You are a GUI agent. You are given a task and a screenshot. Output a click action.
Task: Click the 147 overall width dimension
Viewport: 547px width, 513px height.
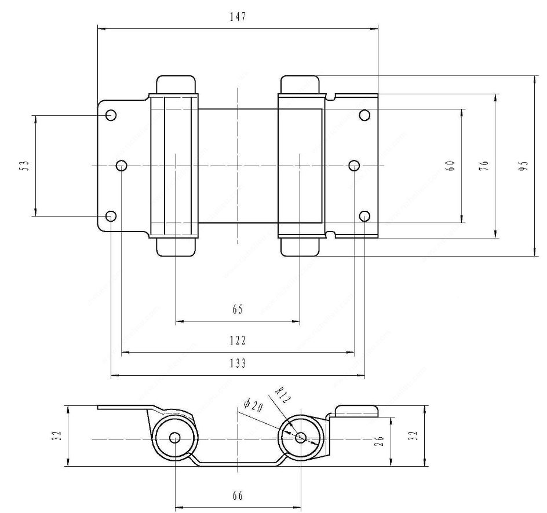point(238,17)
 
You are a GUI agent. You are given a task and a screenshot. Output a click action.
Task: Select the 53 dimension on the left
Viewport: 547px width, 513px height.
point(24,166)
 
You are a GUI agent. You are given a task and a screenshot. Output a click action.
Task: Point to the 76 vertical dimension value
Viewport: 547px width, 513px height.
point(484,166)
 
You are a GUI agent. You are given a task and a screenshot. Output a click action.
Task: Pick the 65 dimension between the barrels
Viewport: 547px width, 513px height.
point(238,310)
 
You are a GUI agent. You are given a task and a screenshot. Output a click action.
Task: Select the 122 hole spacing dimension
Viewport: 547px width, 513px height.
point(238,340)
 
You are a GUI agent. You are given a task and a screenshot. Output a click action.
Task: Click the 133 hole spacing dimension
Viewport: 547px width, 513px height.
point(238,364)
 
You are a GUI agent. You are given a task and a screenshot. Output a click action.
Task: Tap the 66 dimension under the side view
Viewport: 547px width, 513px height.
point(238,496)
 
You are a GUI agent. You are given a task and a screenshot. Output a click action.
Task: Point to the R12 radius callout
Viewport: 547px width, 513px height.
point(282,398)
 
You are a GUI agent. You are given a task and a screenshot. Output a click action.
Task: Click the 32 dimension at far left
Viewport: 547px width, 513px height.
point(55,436)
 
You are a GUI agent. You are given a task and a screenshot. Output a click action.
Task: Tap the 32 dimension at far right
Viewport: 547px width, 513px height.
point(413,436)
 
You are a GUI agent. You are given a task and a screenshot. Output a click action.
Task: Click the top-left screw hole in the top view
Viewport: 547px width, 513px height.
point(111,115)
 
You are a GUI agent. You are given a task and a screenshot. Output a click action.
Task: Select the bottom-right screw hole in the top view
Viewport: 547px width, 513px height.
point(364,216)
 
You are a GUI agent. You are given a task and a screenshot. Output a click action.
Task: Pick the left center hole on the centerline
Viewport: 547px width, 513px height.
point(122,166)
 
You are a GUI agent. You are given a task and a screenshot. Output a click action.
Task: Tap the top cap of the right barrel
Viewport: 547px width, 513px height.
point(300,84)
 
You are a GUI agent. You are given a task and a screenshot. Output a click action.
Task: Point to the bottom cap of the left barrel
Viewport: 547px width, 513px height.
point(175,247)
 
